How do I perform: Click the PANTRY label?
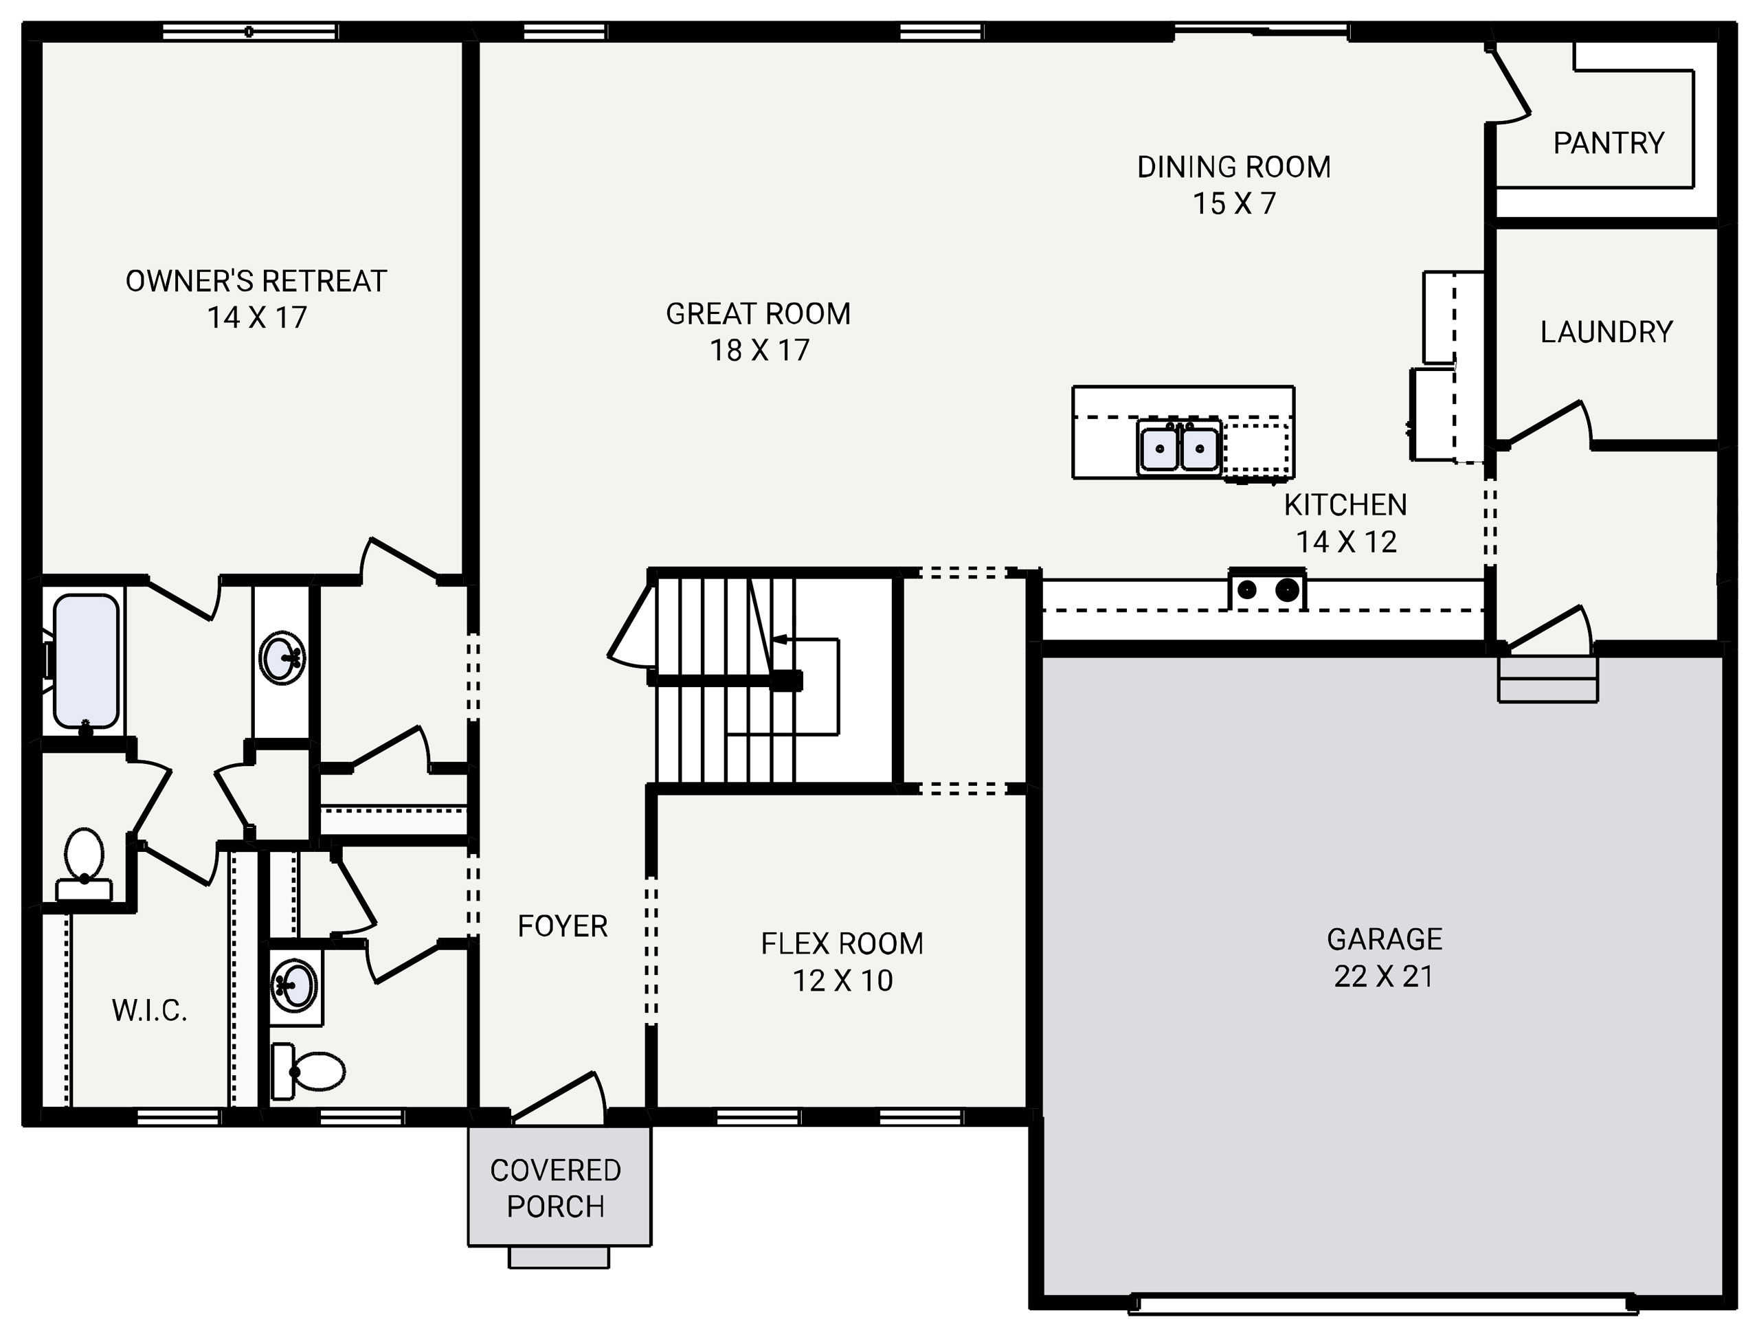[x=1608, y=143]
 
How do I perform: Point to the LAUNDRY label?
[x=1606, y=332]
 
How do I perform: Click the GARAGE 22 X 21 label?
[x=1384, y=957]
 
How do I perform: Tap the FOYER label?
[x=562, y=926]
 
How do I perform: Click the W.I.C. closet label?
[x=150, y=1011]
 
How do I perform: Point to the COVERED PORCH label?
[x=556, y=1188]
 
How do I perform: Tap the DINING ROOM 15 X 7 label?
[x=1233, y=185]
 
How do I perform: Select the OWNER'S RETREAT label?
[x=256, y=298]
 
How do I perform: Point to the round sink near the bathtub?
[x=281, y=658]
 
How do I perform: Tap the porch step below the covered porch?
[x=559, y=1257]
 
